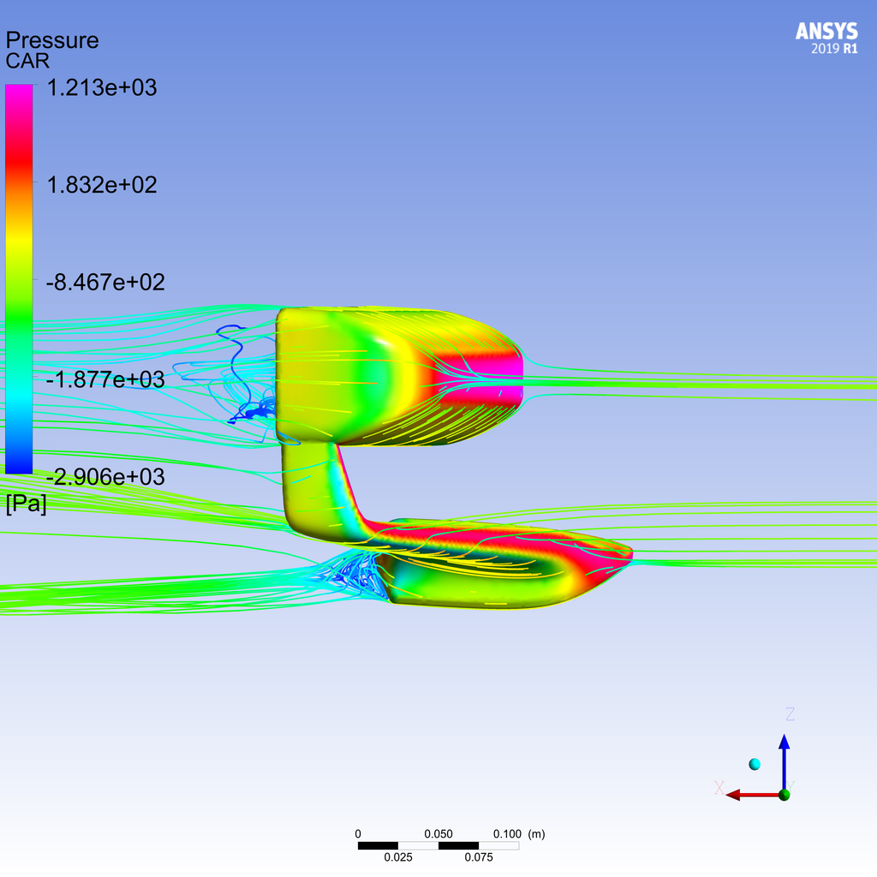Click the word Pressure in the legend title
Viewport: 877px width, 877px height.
(x=52, y=40)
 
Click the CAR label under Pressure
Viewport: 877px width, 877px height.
(x=28, y=62)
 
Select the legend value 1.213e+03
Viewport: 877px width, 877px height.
(x=101, y=87)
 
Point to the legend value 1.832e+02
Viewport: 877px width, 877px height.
(x=101, y=185)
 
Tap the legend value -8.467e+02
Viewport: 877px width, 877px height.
(x=104, y=282)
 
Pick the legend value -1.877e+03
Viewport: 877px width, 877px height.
(x=104, y=379)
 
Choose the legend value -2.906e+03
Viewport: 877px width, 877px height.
(x=104, y=476)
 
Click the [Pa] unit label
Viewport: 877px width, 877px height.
(x=27, y=504)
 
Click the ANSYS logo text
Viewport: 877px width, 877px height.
(x=826, y=32)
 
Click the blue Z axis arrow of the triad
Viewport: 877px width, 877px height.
(x=784, y=754)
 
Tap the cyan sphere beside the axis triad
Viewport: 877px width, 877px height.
(x=755, y=764)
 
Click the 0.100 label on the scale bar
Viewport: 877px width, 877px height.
(x=507, y=834)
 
